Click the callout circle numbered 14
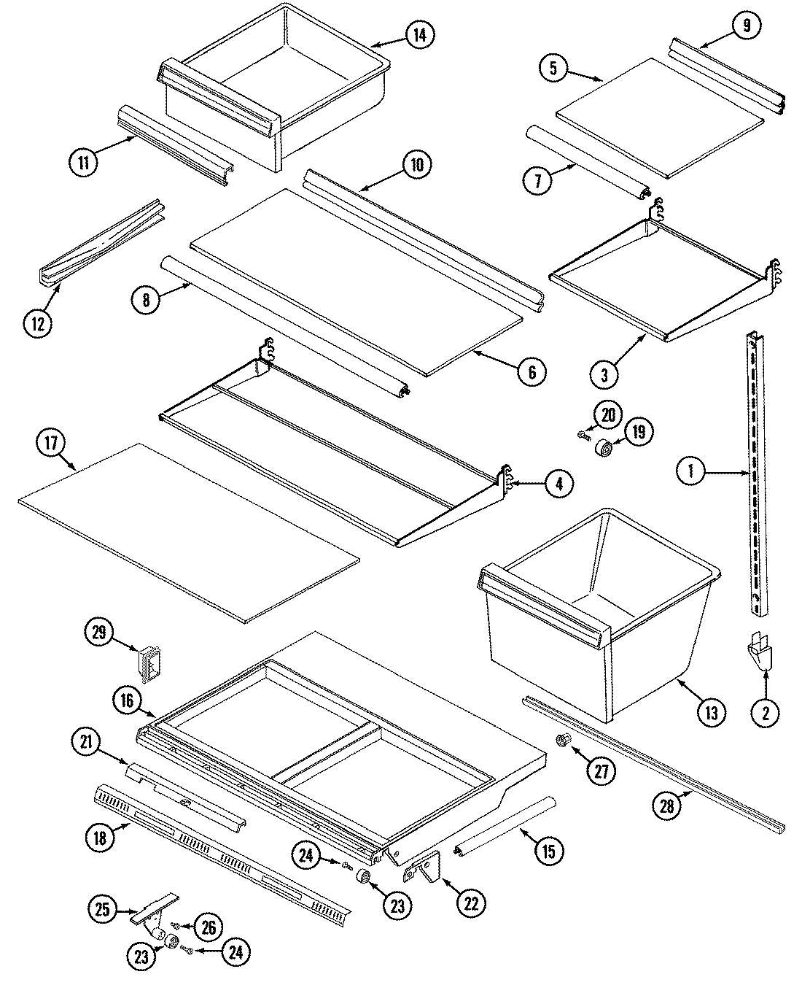tap(420, 34)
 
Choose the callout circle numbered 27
tap(601, 772)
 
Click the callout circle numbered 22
tap(471, 903)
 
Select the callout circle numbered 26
tap(209, 927)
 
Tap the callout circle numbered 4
tap(558, 483)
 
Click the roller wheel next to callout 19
tap(604, 447)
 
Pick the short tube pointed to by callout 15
tap(505, 824)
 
